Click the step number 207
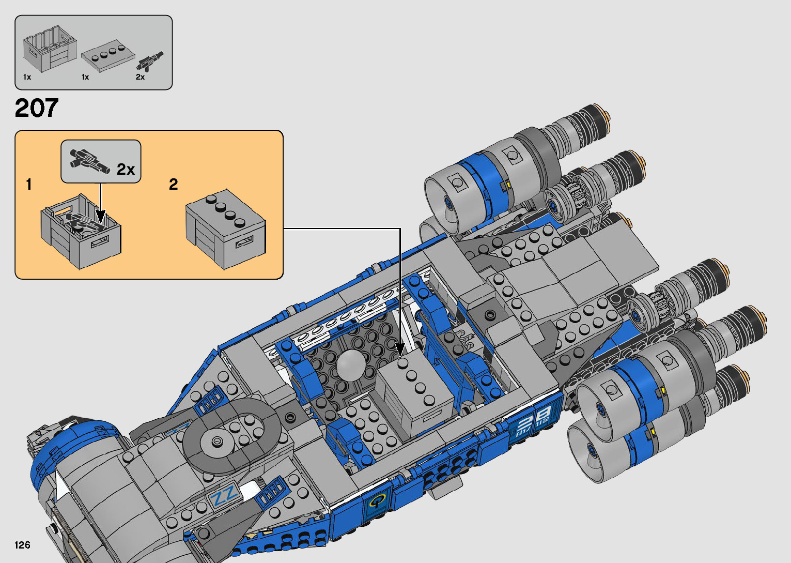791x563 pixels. [37, 108]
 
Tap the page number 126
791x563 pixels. [22, 545]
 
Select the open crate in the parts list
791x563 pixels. [50, 50]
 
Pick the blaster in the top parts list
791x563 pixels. [150, 60]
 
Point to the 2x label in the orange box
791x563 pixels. [126, 169]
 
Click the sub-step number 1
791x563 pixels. [29, 184]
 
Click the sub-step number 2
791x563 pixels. [174, 184]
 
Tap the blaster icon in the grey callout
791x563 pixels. [90, 161]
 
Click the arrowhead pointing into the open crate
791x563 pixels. [100, 216]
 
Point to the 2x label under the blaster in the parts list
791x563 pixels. [140, 77]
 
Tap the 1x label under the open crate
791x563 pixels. [27, 77]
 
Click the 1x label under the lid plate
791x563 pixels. [85, 77]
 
